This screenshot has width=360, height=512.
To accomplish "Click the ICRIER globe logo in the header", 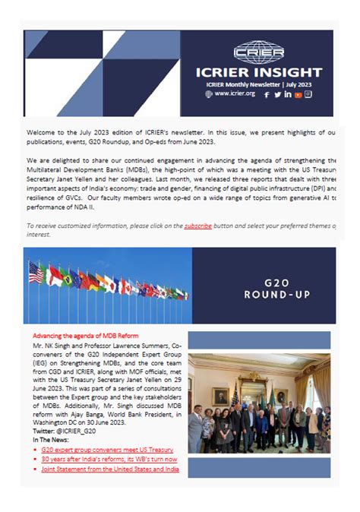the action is pyautogui.click(x=259, y=53).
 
